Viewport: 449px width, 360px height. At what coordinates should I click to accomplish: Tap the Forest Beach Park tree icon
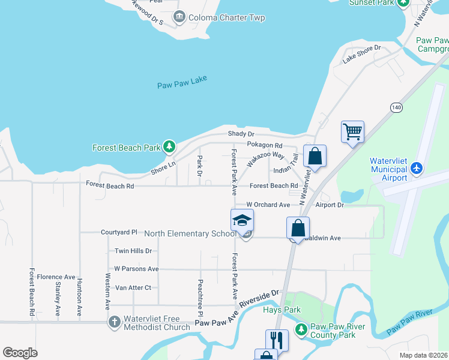pos(170,146)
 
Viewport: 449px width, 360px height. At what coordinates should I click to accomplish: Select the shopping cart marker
pos(352,131)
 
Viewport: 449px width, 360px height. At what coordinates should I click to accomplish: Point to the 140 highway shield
pos(395,107)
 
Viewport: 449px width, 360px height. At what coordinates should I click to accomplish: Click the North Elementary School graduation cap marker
pos(242,220)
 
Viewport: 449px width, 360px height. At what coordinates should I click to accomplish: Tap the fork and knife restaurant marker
pos(277,340)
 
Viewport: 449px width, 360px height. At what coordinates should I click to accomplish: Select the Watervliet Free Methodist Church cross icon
pos(115,322)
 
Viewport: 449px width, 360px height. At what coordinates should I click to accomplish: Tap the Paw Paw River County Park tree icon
pos(300,329)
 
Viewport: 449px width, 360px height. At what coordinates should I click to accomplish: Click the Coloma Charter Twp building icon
pos(179,17)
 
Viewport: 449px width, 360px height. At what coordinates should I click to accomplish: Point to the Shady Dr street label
pos(241,134)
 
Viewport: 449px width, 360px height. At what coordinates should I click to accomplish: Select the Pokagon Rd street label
pos(264,145)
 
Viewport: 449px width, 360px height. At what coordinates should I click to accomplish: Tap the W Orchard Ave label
pos(268,205)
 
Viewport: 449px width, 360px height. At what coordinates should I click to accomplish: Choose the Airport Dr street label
pos(330,205)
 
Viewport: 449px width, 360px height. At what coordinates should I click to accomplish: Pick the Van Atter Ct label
pos(133,287)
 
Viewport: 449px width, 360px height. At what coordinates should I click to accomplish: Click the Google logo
pos(20,352)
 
